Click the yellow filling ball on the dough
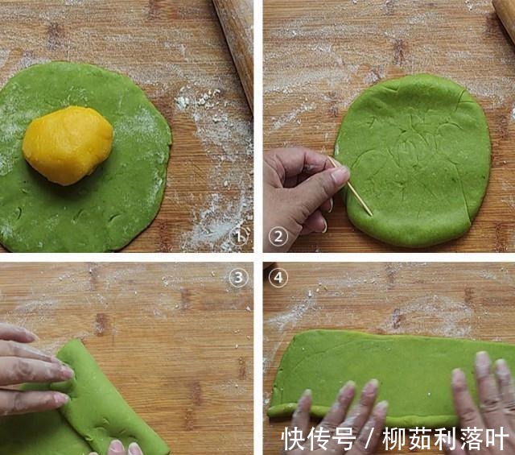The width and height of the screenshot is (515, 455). [x=68, y=145]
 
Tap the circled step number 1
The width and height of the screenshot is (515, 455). [x=239, y=236]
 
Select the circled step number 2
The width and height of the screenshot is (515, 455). [x=278, y=237]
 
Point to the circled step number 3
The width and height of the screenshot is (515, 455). [x=238, y=278]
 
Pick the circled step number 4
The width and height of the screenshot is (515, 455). [x=278, y=278]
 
